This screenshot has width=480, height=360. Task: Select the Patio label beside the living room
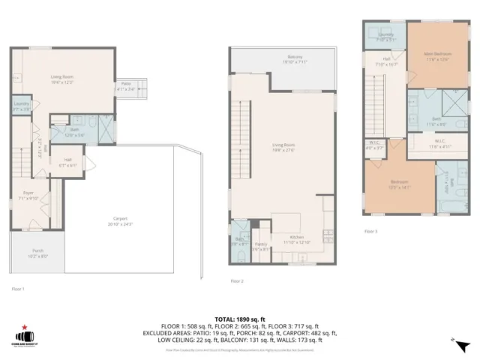[x=127, y=85]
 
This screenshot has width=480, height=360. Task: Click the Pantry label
[x=261, y=246]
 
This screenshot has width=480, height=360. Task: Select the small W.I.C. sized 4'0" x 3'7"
[x=376, y=145]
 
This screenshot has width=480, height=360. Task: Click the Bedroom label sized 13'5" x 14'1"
[x=399, y=184]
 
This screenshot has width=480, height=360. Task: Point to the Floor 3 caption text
[x=370, y=232]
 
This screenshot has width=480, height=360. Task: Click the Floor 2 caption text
[x=237, y=281]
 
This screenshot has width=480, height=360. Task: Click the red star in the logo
[x=24, y=327]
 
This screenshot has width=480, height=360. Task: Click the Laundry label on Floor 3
[x=385, y=37]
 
